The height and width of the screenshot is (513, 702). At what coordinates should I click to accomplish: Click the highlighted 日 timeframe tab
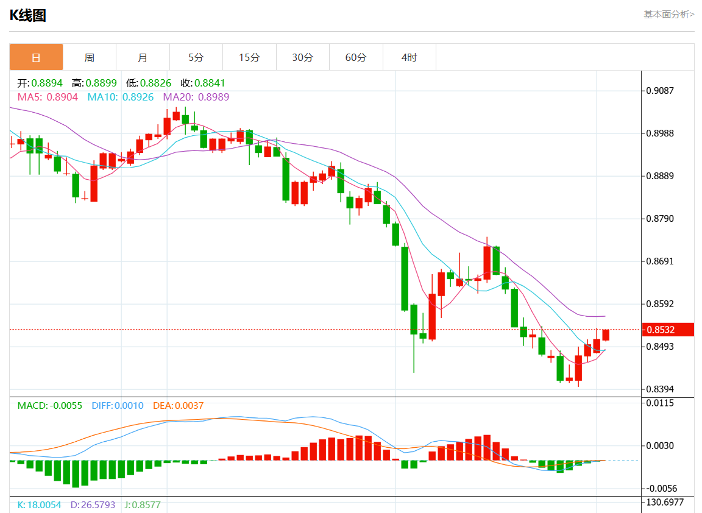click(x=36, y=57)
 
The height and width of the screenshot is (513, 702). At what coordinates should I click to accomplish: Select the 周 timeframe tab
click(x=90, y=57)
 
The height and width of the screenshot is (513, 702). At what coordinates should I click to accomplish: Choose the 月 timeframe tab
click(x=143, y=57)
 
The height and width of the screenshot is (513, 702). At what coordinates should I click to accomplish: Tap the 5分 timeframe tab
click(x=196, y=57)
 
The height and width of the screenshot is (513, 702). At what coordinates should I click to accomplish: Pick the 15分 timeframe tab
click(x=249, y=57)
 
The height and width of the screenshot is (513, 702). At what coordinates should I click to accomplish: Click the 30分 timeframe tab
click(x=303, y=57)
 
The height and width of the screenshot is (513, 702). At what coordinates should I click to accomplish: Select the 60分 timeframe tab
click(x=356, y=57)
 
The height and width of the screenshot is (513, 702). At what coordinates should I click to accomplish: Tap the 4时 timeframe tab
click(x=409, y=57)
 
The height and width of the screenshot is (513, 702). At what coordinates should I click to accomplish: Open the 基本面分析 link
click(x=668, y=14)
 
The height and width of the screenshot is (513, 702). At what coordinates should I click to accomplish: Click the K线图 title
click(x=28, y=15)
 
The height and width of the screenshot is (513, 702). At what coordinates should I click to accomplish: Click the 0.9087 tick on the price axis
click(x=660, y=91)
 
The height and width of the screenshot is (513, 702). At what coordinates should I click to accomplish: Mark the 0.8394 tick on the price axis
click(x=660, y=389)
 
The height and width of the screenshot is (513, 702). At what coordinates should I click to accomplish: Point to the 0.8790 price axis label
click(x=660, y=219)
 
